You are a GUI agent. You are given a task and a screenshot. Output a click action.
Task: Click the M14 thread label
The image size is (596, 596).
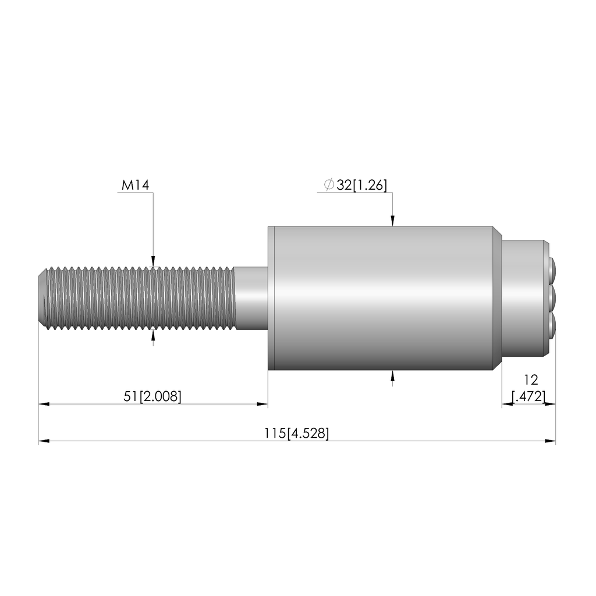click(135, 185)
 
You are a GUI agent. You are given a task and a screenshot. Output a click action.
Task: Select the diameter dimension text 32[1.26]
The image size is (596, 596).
click(361, 185)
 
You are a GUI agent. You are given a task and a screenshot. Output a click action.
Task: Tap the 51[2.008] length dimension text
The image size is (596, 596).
click(152, 396)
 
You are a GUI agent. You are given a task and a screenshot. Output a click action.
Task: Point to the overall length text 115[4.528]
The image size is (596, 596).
click(297, 433)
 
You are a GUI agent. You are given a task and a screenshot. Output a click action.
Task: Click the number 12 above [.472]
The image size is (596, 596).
click(531, 379)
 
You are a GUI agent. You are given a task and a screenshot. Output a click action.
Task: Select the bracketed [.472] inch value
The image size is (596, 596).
click(528, 396)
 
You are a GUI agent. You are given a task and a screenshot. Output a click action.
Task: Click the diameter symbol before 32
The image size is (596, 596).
click(329, 185)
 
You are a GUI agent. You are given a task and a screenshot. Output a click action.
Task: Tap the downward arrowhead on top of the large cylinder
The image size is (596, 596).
click(393, 221)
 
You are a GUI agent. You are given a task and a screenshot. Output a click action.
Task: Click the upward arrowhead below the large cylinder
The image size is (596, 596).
click(393, 375)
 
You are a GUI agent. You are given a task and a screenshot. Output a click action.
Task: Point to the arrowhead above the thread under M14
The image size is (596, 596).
click(153, 261)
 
